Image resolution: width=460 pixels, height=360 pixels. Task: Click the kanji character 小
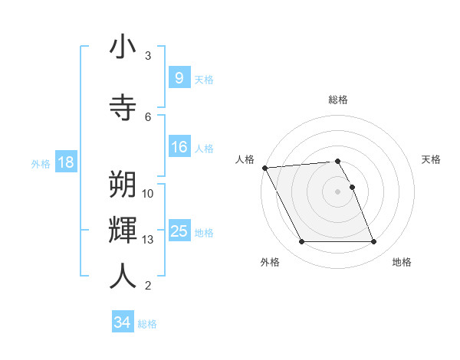click(123, 47)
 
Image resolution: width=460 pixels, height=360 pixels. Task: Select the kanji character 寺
click(123, 106)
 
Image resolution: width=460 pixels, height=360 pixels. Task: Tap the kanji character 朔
click(123, 185)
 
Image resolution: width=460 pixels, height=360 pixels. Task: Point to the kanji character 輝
click(123, 229)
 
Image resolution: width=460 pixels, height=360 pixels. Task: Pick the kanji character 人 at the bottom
click(123, 276)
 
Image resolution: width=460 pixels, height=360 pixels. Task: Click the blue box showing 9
click(179, 77)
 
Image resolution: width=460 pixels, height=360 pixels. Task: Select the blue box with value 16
click(179, 147)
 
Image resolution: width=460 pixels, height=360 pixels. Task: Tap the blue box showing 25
click(179, 231)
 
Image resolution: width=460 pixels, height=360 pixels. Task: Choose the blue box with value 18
click(65, 162)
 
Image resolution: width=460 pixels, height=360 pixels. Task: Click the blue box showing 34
click(122, 322)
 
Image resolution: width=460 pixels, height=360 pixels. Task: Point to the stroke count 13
click(148, 240)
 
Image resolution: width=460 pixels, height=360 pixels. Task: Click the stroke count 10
click(148, 194)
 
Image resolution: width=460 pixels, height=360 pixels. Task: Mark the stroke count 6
click(148, 116)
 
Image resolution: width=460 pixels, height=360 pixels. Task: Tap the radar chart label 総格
click(338, 100)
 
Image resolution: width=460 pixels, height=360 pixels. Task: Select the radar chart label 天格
click(432, 159)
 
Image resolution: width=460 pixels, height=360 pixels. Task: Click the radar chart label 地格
click(402, 262)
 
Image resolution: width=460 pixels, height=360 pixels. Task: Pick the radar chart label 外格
click(270, 262)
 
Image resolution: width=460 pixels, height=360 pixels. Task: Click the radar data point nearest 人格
click(264, 168)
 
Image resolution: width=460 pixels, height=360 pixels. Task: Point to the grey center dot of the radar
click(337, 191)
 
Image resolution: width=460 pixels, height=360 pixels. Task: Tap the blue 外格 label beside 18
click(41, 163)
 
